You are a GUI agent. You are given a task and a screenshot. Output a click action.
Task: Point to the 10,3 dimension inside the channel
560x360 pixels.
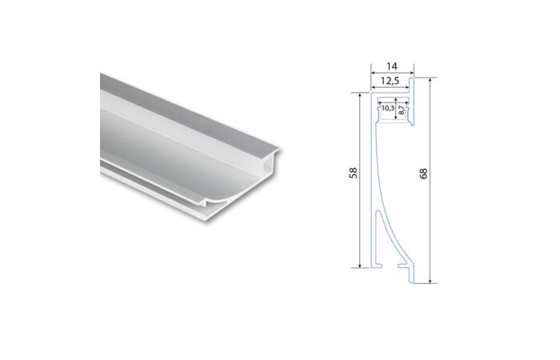tap(387, 107)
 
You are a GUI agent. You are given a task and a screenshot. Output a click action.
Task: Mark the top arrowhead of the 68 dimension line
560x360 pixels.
tap(432, 80)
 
